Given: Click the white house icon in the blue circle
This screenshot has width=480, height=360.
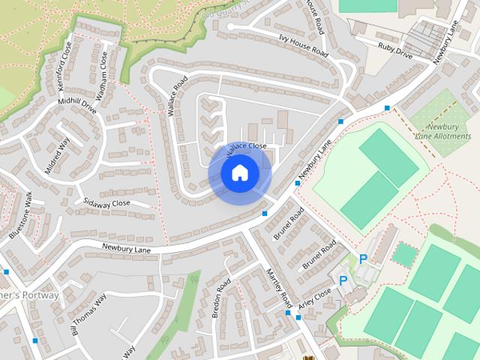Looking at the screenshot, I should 240,173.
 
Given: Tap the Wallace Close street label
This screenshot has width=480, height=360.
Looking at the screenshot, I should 246,145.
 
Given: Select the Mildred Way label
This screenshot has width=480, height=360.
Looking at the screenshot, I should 57,156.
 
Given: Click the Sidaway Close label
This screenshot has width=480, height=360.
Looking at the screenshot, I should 106,203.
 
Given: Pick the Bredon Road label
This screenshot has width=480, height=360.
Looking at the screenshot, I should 221,298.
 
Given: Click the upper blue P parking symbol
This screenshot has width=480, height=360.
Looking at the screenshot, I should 363,259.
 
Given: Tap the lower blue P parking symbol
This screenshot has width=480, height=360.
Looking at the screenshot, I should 343,280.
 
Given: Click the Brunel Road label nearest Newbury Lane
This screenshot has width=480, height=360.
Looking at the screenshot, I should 289,223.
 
